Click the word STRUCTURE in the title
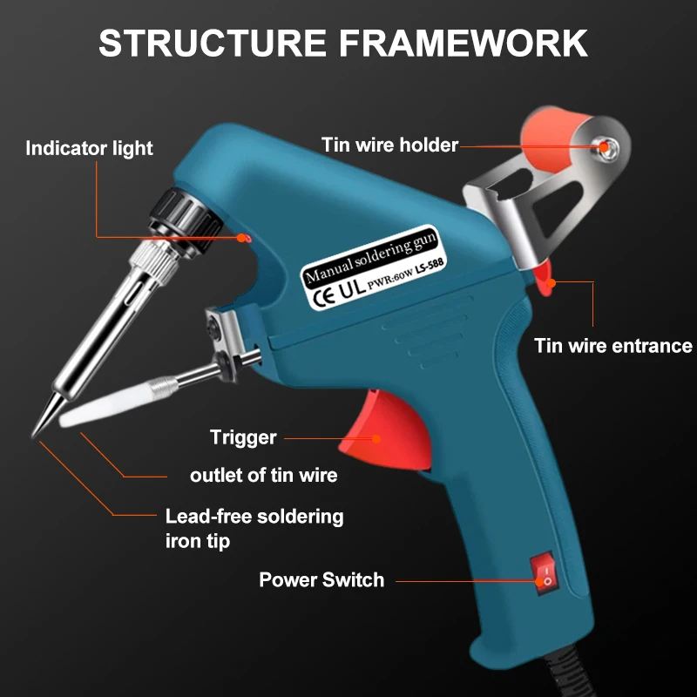(213, 43)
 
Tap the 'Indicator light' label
(89, 148)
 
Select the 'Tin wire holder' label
(389, 145)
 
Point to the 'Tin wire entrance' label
(612, 346)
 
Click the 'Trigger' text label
(243, 437)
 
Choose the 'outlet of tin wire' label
(263, 476)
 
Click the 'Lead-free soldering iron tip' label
(254, 528)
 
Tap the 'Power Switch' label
(321, 579)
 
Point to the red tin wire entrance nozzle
(544, 278)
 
